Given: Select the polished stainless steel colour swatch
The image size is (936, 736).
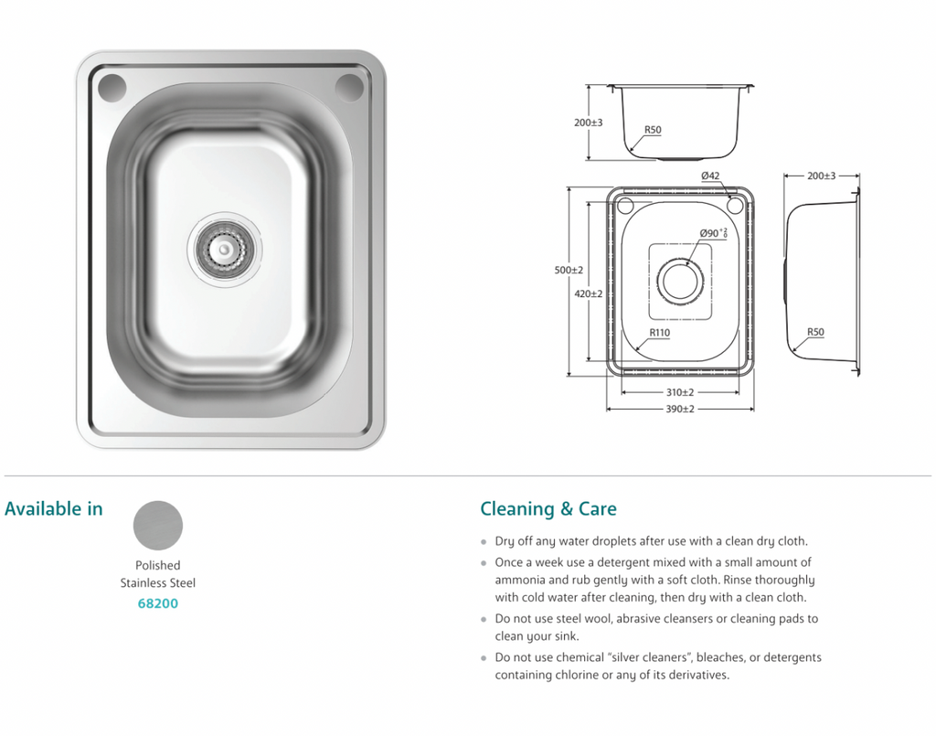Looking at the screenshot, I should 158,525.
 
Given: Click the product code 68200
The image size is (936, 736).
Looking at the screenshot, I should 158,604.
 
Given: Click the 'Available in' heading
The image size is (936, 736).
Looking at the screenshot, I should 54,509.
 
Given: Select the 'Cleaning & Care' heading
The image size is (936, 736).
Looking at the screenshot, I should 548,509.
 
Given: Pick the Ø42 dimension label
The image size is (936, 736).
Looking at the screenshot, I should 711,176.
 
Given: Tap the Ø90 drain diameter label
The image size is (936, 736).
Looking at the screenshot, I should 713,234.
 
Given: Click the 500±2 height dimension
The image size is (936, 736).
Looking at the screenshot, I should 569,271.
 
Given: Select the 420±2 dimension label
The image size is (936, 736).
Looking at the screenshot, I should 589,294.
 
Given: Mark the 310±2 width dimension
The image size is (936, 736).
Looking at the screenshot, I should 680,392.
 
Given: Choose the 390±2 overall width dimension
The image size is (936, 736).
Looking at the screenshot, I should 680,409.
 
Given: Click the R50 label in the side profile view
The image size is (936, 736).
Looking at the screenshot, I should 815,334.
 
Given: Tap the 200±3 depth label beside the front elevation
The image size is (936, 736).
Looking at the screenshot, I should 589,123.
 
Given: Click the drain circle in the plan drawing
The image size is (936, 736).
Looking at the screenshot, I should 681,280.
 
